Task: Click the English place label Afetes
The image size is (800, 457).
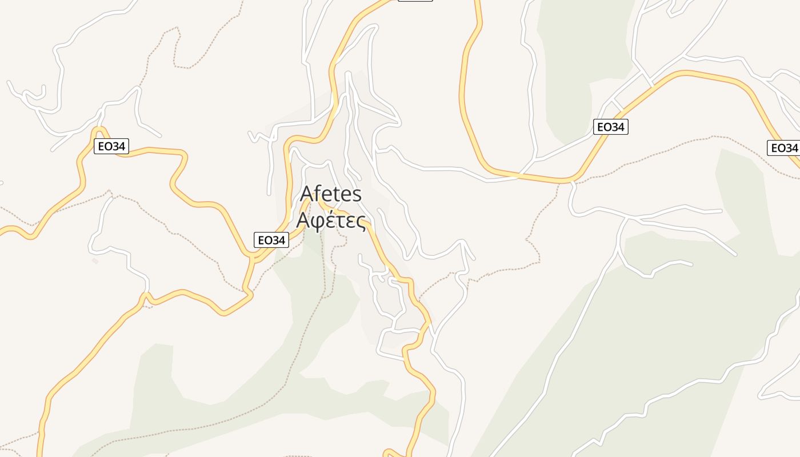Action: [x=331, y=194]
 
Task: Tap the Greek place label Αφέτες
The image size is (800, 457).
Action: [x=331, y=220]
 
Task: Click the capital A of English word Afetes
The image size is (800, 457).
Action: [x=307, y=194]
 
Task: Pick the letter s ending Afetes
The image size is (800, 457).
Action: [x=357, y=195]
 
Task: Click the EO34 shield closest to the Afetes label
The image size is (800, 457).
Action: [x=271, y=240]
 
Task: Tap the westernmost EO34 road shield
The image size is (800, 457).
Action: [x=111, y=146]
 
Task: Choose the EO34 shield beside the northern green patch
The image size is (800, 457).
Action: [x=610, y=127]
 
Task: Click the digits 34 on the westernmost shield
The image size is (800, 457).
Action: [x=118, y=146]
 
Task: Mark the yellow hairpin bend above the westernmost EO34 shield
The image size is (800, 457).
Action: [x=99, y=131]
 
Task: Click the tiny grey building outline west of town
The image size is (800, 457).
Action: [x=95, y=261]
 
